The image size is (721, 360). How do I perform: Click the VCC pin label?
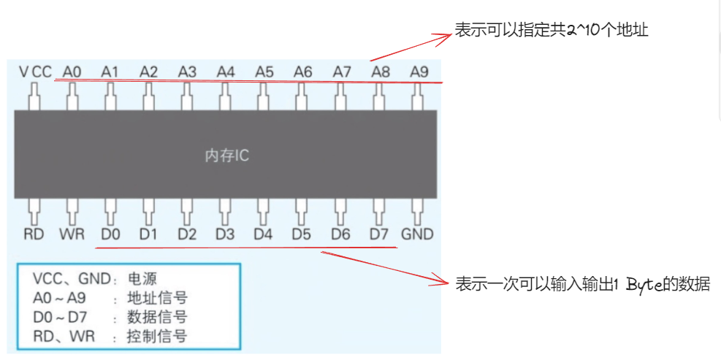(x=36, y=72)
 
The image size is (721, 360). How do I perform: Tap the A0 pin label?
(x=72, y=72)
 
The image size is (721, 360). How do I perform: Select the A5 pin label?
(x=264, y=72)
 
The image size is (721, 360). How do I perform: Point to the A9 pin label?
(x=419, y=72)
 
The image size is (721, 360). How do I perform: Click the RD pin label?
(x=34, y=234)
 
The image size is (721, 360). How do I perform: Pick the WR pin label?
(x=72, y=234)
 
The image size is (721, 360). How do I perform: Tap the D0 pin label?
(x=110, y=234)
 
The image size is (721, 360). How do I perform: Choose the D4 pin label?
(x=263, y=234)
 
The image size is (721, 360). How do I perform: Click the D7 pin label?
(x=378, y=234)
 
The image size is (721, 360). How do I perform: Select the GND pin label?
(x=417, y=234)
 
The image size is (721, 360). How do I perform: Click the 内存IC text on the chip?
(x=226, y=156)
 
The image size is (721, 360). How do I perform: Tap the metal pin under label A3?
(x=187, y=96)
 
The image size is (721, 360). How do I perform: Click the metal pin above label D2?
(x=187, y=212)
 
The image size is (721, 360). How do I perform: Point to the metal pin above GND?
(x=418, y=212)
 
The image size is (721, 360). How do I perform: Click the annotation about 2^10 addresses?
(x=552, y=31)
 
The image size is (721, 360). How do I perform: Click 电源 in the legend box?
(x=142, y=278)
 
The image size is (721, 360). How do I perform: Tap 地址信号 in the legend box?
(x=157, y=298)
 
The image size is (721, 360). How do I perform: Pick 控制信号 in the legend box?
(x=157, y=336)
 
